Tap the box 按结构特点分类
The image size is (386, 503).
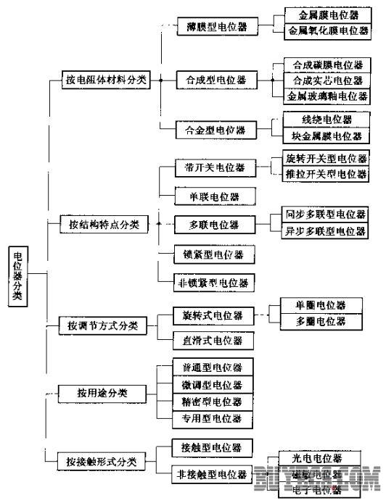point(103,225)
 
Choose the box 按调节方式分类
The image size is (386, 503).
point(103,325)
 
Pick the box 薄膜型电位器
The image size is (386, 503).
point(211,28)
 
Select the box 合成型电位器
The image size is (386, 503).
point(211,79)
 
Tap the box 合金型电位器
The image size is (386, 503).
point(211,130)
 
